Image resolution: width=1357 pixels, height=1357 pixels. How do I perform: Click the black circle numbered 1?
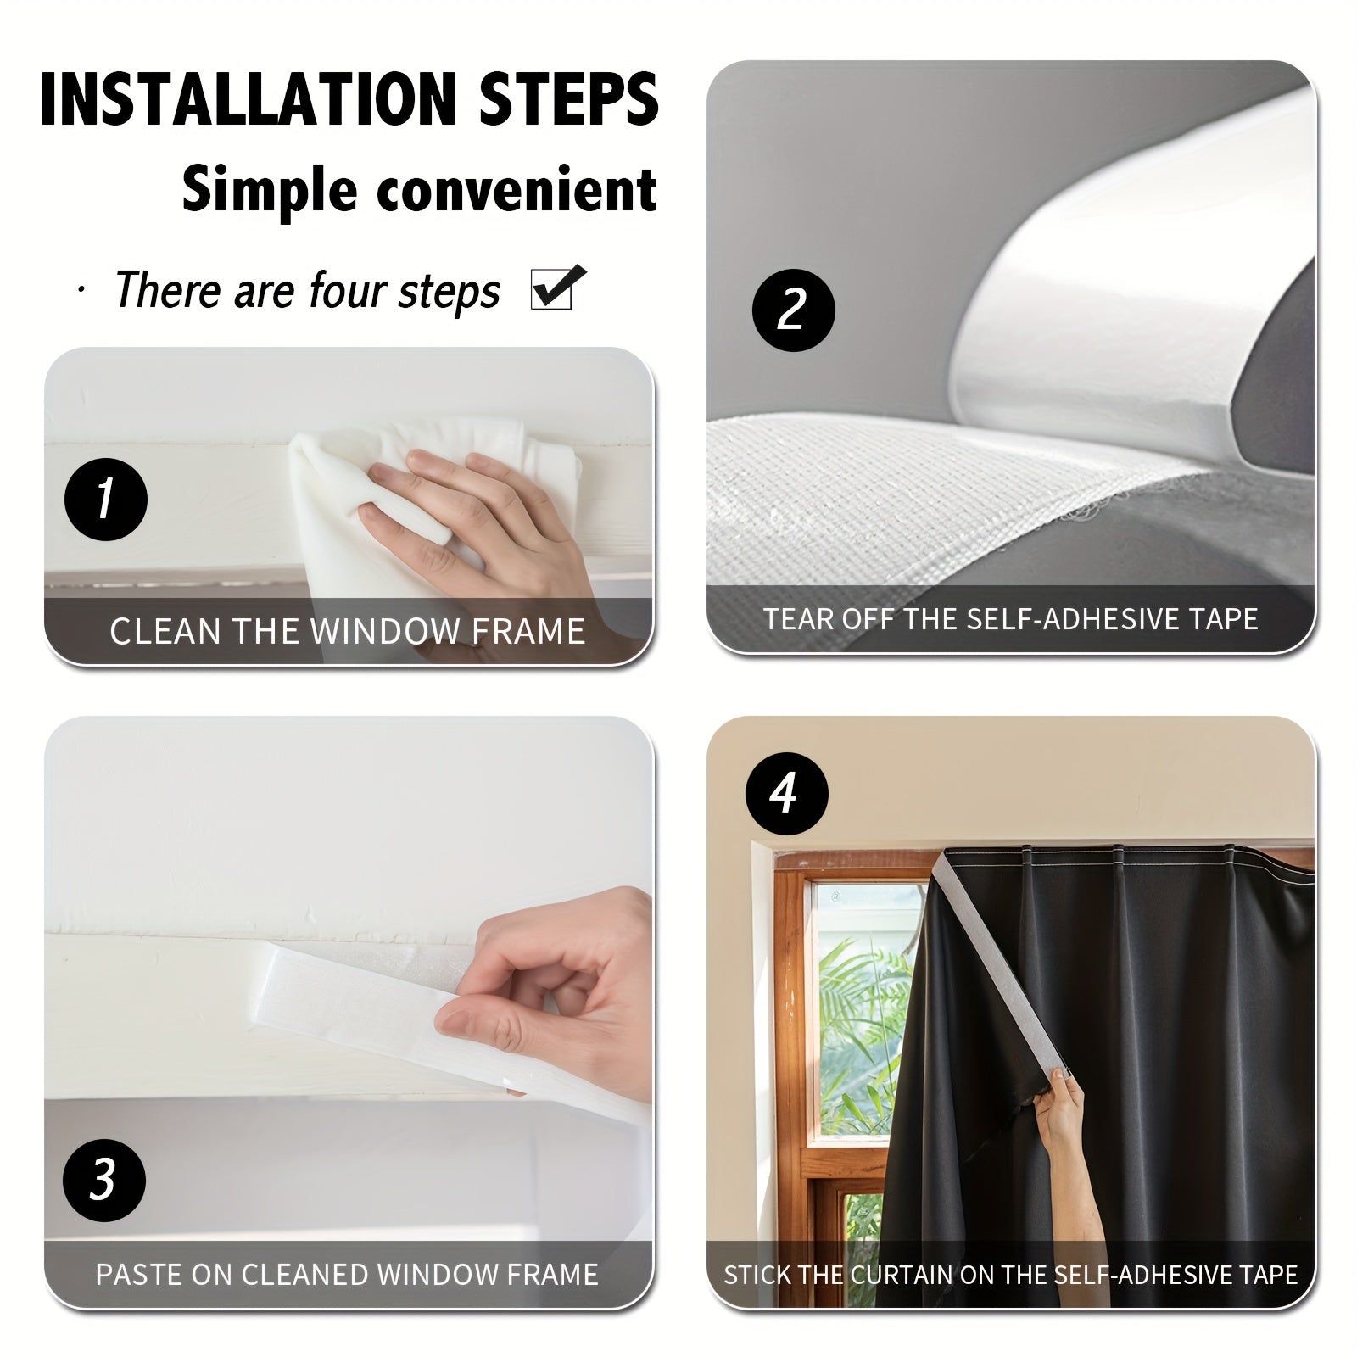click(106, 499)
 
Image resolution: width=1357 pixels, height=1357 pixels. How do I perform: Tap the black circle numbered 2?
click(793, 310)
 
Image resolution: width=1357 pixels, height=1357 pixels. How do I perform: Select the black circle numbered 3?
click(104, 1180)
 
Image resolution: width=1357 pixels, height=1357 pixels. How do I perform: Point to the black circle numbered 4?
click(785, 795)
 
